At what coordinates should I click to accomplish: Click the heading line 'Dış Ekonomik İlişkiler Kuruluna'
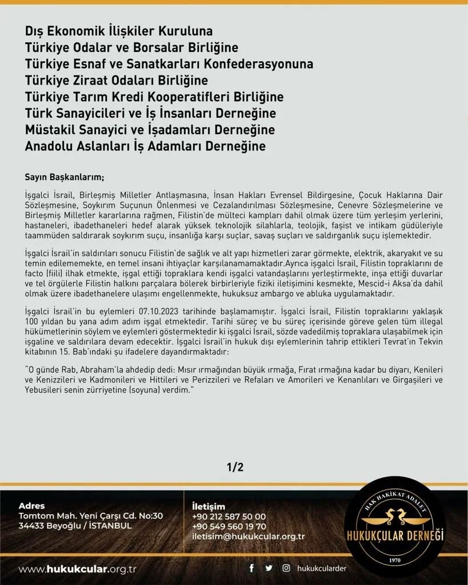click(x=119, y=30)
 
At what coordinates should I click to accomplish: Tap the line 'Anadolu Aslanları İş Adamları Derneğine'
click(x=145, y=146)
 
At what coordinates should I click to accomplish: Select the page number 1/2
click(x=235, y=467)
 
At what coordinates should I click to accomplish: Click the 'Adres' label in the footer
click(x=31, y=506)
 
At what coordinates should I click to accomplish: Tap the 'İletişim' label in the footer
click(x=209, y=506)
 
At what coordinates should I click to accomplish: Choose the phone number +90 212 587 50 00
click(x=229, y=516)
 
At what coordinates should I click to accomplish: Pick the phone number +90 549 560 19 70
click(x=229, y=526)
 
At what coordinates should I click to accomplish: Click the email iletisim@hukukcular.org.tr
click(x=249, y=536)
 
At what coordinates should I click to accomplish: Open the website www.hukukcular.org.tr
click(x=77, y=570)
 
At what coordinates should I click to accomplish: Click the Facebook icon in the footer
click(x=251, y=568)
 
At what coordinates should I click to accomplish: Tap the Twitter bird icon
click(x=269, y=568)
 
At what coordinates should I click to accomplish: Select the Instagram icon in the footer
click(x=286, y=568)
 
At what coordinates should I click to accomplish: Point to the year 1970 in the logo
click(x=395, y=560)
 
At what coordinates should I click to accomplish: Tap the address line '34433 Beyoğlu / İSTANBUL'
click(x=75, y=526)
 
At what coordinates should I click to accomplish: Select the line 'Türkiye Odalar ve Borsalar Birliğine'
click(x=131, y=47)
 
